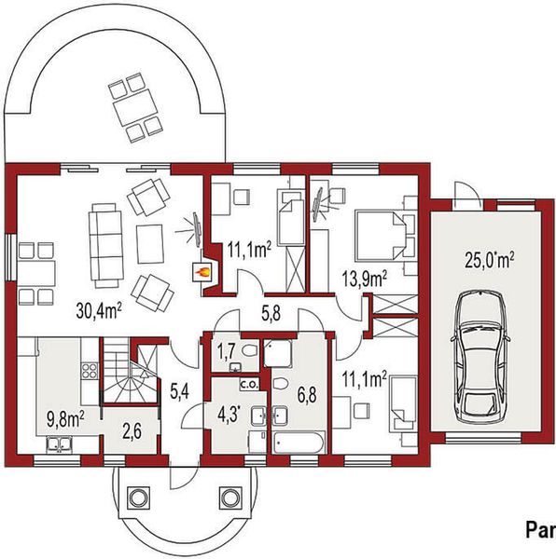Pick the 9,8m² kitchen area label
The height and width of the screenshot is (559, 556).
coord(65,416)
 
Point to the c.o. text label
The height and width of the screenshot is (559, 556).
coord(249,384)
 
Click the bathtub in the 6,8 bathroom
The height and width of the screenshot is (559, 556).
coord(298,442)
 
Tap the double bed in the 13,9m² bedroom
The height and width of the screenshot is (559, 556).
coord(381,234)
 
